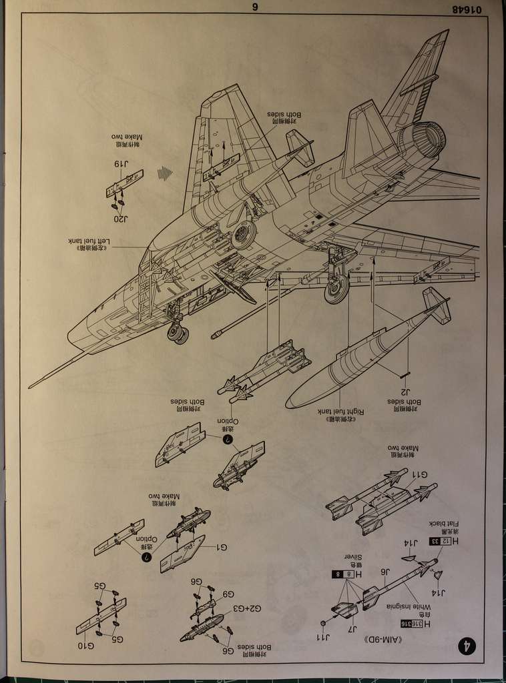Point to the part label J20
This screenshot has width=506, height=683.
119,217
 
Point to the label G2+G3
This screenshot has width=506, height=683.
247,608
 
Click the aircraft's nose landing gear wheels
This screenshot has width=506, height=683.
178,333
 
